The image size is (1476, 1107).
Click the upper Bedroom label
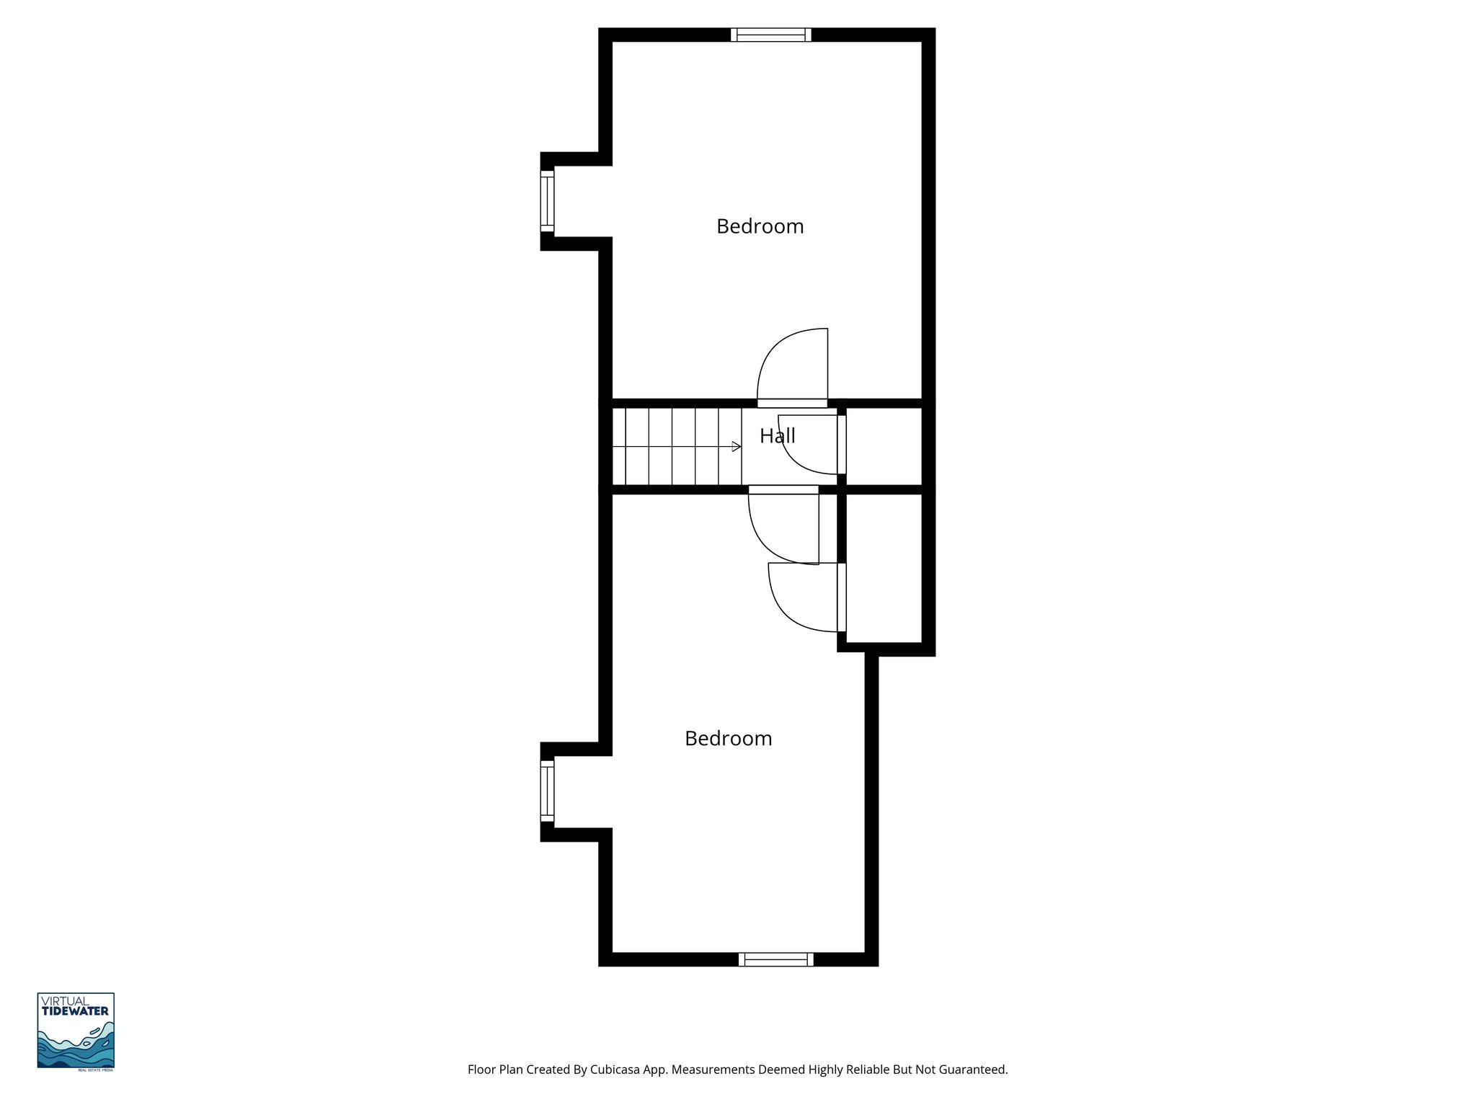760,226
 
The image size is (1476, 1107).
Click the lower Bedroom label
728,739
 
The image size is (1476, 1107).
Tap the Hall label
777,435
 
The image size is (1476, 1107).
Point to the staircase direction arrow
736,447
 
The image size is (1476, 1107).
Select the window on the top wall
770,35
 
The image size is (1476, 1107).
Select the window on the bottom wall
775,959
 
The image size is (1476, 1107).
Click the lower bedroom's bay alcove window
548,791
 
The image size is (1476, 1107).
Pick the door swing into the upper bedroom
793,366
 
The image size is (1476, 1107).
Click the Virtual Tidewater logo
76,1031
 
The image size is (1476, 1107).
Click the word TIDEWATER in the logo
76,1011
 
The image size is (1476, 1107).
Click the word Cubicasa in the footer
617,1070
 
